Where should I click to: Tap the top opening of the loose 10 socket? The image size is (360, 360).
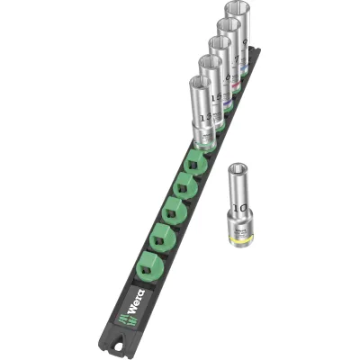tap(239, 171)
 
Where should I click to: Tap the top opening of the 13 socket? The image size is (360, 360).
tap(200, 82)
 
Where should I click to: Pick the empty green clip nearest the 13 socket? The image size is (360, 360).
tap(193, 167)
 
